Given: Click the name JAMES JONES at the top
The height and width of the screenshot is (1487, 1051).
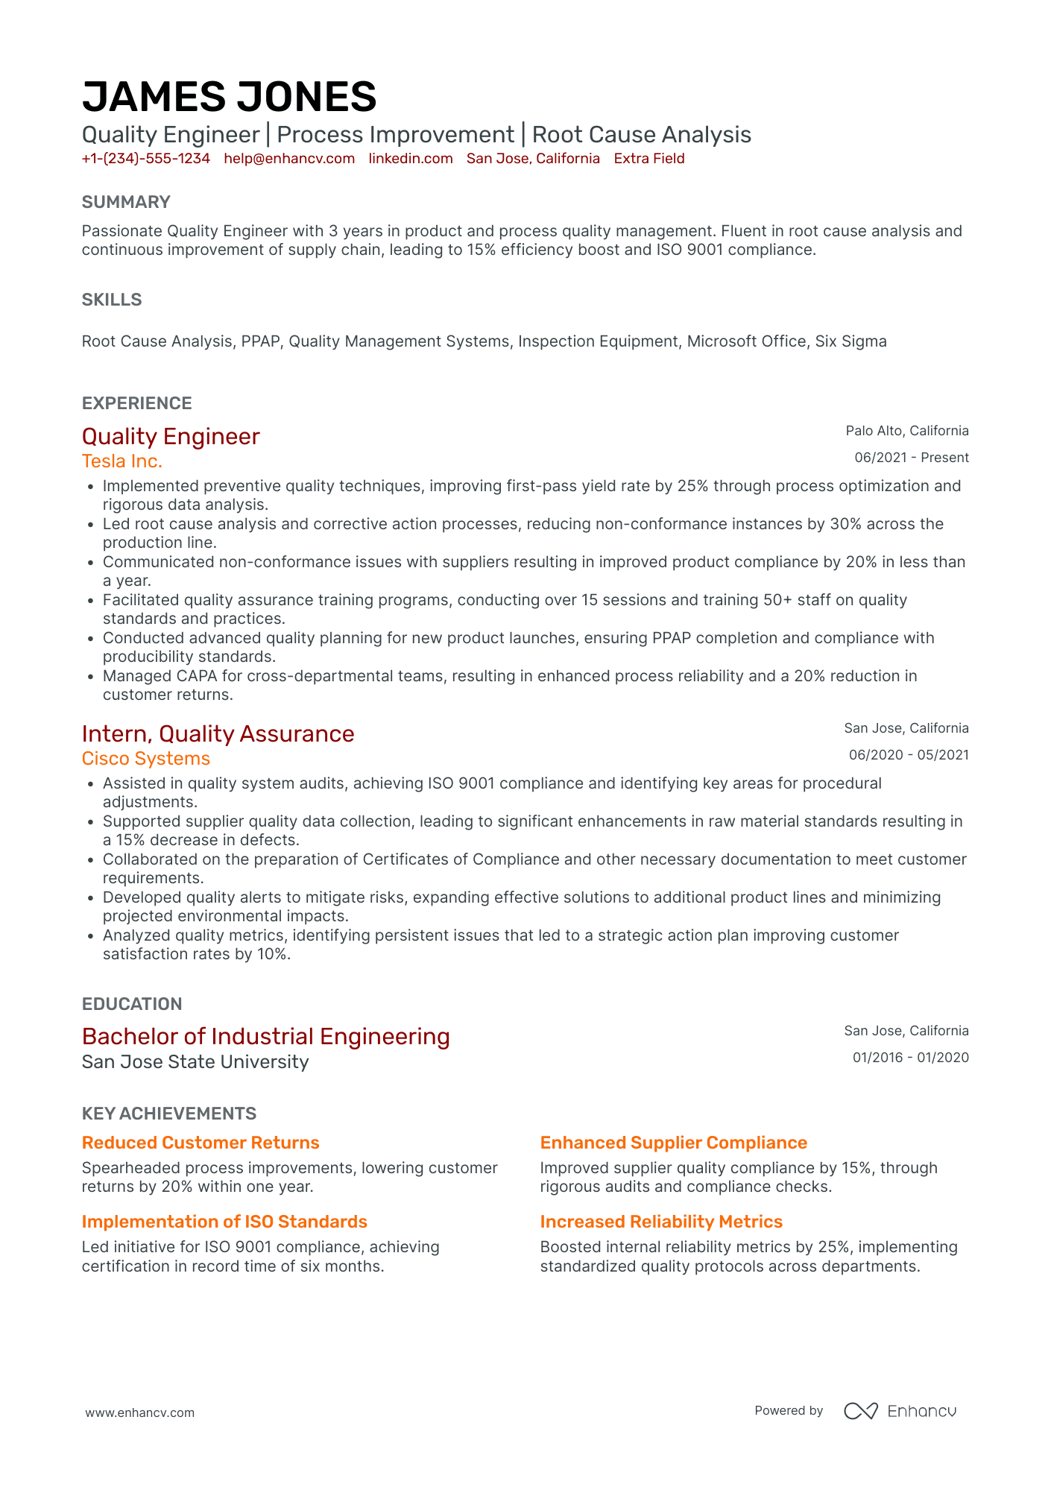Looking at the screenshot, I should click(x=229, y=98).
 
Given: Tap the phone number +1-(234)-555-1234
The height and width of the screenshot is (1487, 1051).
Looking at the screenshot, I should click(x=145, y=159).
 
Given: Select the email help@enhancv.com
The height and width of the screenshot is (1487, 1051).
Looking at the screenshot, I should click(x=288, y=159).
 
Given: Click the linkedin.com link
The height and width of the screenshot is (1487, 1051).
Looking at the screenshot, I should click(x=410, y=159).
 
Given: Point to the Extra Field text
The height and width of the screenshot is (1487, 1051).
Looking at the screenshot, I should click(x=648, y=159).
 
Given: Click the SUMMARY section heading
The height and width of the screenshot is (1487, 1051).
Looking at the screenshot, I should click(x=126, y=202).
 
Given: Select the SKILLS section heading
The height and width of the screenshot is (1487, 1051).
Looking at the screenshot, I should click(x=112, y=300).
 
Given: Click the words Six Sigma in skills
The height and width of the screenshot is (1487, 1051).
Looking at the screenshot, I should click(x=850, y=341).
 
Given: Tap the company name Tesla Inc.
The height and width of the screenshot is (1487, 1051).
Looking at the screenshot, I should click(x=121, y=461).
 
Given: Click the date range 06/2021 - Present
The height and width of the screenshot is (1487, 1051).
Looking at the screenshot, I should click(x=911, y=458).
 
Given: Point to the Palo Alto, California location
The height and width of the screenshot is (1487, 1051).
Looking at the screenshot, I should click(x=906, y=431).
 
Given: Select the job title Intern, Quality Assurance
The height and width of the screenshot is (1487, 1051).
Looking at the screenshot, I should click(x=218, y=734).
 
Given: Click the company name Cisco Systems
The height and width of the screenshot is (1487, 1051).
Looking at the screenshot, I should click(x=146, y=759).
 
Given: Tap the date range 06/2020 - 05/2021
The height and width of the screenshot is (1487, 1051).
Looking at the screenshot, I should click(x=909, y=755).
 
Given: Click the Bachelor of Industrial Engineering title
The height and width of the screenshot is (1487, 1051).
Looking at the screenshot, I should click(x=265, y=1037).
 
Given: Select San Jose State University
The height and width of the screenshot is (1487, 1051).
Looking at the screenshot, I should click(x=195, y=1062).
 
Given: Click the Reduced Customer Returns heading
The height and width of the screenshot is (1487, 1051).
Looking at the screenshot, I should click(x=201, y=1143).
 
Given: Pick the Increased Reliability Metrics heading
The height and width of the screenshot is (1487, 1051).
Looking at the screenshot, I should click(x=661, y=1222).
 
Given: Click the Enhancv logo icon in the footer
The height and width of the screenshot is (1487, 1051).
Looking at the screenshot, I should click(x=860, y=1411).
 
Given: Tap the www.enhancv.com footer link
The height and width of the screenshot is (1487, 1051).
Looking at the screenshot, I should click(x=139, y=1412).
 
